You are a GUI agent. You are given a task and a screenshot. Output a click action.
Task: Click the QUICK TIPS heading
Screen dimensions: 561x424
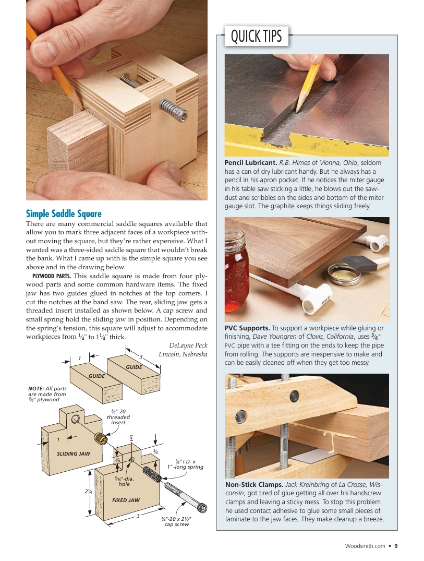tap(256, 37)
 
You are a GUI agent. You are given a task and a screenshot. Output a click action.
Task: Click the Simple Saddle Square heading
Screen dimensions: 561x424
tap(64, 213)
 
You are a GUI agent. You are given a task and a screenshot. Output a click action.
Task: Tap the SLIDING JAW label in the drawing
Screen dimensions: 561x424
tap(73, 454)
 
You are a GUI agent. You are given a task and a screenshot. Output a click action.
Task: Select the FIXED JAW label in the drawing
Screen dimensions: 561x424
tap(126, 500)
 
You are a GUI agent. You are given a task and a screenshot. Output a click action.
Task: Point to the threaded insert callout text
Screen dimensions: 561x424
tap(118, 417)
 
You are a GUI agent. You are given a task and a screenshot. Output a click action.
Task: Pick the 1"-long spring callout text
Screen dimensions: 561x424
tap(185, 464)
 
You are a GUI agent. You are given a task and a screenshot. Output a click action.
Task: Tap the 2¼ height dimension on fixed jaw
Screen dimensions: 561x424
tap(89, 492)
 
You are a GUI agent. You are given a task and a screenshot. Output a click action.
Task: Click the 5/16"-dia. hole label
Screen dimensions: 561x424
tap(124, 481)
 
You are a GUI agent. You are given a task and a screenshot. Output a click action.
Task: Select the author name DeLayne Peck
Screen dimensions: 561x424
tap(188, 345)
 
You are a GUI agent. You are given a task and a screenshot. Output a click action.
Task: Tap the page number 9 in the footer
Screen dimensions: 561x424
tap(396, 546)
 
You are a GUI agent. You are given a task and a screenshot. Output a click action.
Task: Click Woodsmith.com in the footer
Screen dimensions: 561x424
tap(365, 546)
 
